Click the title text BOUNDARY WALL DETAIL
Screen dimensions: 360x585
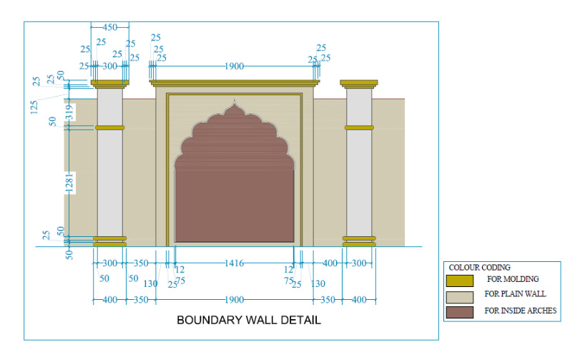249,320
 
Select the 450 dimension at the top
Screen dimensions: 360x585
110,27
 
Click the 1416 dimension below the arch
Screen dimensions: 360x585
234,263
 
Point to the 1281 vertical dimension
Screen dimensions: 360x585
69,183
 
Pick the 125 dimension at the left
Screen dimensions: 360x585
34,107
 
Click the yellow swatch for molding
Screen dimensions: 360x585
459,280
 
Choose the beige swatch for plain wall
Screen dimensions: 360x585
459,296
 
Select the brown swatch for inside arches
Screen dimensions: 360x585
459,311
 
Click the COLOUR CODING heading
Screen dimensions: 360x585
479,268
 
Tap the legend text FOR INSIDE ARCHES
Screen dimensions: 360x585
520,311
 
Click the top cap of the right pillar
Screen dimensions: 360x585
359,83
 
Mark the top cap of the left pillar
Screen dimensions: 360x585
109,83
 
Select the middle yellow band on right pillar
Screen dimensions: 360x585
359,128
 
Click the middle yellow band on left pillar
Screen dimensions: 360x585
109,128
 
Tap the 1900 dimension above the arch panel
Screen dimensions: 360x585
234,66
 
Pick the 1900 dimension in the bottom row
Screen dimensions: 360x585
234,300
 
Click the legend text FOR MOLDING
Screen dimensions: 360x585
513,279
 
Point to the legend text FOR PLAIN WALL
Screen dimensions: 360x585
515,294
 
